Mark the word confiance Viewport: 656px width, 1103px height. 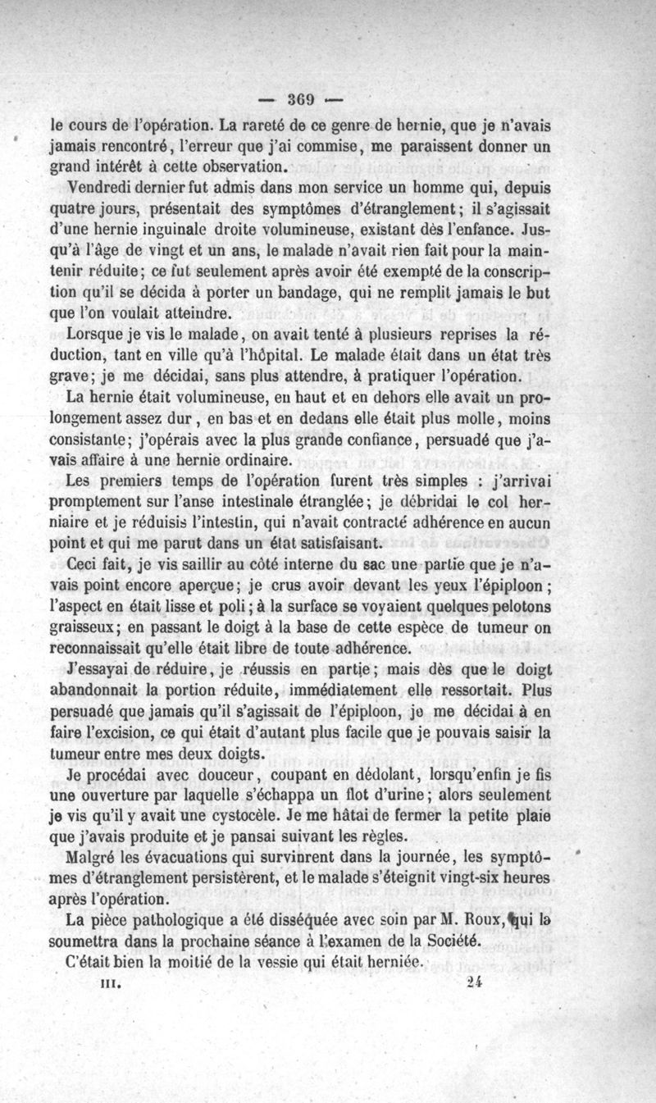coord(353,440)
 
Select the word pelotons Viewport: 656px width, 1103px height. coord(517,608)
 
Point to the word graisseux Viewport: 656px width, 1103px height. coord(86,629)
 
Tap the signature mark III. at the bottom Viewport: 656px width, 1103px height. coord(110,981)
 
